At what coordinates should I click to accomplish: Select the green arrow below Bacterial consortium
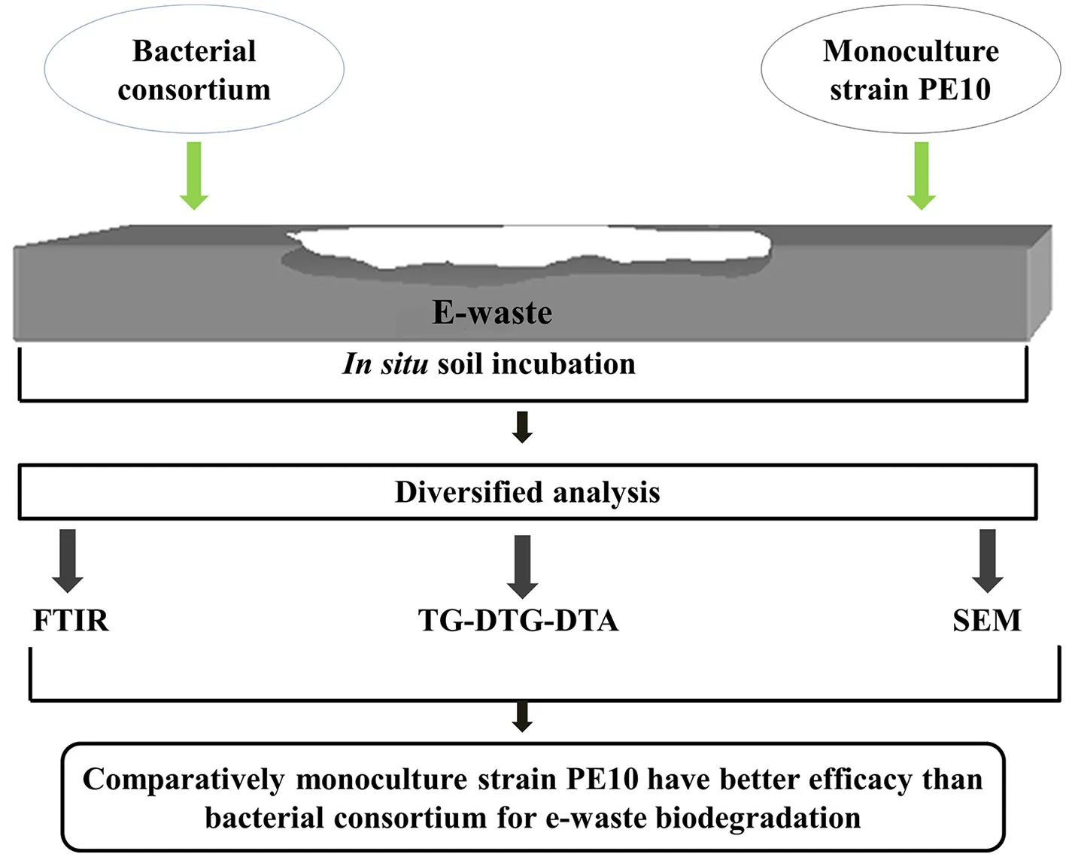(x=193, y=176)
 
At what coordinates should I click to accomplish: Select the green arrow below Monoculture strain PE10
(x=922, y=176)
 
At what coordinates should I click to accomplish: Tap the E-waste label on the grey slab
(x=492, y=312)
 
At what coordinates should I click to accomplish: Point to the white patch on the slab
(x=530, y=247)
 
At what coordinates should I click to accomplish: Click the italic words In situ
(x=385, y=364)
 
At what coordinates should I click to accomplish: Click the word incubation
(x=563, y=364)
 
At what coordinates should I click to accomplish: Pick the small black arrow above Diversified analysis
(x=522, y=427)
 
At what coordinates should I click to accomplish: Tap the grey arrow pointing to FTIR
(x=68, y=561)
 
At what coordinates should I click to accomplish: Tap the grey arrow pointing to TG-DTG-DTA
(x=523, y=567)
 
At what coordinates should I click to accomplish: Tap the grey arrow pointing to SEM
(x=987, y=561)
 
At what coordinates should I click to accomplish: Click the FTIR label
(x=71, y=620)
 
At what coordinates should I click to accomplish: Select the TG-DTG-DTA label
(x=518, y=620)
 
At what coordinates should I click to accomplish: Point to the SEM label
(x=987, y=620)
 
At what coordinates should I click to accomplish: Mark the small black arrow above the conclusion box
(x=522, y=717)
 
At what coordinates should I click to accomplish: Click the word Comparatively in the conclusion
(x=184, y=780)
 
